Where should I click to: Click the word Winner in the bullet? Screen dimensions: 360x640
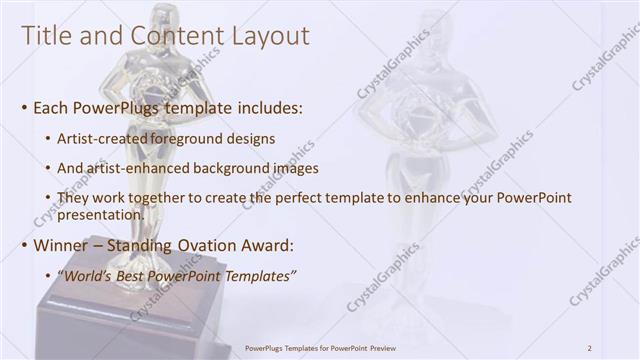(x=62, y=245)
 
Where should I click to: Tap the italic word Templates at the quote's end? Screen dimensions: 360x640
(x=261, y=275)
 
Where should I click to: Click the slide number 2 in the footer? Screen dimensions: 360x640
(x=589, y=348)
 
